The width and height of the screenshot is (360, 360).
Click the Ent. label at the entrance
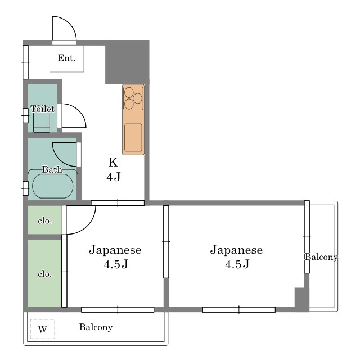(x=66, y=58)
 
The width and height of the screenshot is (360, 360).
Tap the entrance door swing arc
(x=70, y=23)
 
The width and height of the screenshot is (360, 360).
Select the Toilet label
(x=43, y=109)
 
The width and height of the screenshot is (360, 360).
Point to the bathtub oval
(x=53, y=186)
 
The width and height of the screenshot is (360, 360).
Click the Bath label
(x=52, y=169)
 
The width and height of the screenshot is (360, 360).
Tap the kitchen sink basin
(x=133, y=137)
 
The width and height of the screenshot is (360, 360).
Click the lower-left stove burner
(x=129, y=104)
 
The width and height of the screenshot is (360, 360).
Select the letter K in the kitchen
(x=113, y=162)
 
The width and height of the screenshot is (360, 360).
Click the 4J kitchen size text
(x=114, y=177)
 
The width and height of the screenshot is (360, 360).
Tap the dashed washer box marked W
(x=43, y=329)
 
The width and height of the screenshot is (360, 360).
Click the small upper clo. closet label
(x=44, y=221)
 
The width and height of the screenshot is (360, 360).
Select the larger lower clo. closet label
(x=44, y=274)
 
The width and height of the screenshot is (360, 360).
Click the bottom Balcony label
(x=96, y=327)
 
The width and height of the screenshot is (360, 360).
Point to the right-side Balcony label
(x=321, y=256)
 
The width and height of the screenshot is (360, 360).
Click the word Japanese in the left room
(x=115, y=250)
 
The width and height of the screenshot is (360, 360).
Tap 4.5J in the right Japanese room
(x=237, y=264)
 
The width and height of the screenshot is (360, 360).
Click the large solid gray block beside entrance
(x=127, y=62)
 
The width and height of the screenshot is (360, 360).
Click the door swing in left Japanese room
(x=87, y=226)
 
